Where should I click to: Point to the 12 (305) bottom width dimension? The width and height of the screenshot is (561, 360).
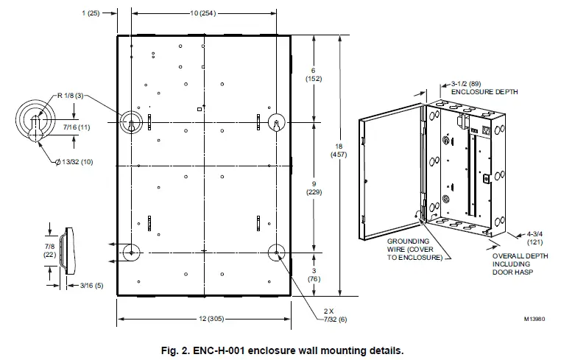pyautogui.click(x=203, y=319)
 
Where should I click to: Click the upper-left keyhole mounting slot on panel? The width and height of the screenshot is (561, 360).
pyautogui.click(x=131, y=121)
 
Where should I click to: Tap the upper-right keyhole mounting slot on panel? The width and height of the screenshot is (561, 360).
pyautogui.click(x=276, y=121)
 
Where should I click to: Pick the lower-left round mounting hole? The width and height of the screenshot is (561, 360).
pyautogui.click(x=131, y=252)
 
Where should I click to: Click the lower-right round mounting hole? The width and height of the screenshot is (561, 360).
pyautogui.click(x=276, y=252)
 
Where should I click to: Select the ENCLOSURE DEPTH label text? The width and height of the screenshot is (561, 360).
pyautogui.click(x=484, y=92)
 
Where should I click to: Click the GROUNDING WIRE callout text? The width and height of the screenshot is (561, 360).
pyautogui.click(x=413, y=249)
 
